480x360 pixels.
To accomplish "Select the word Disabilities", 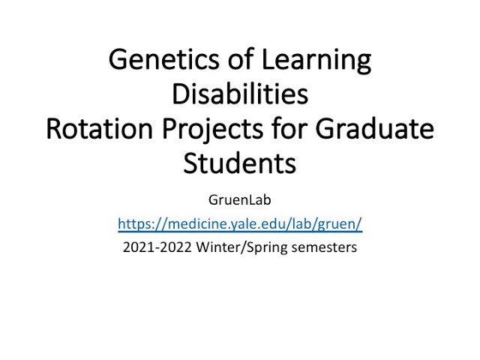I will [239, 94].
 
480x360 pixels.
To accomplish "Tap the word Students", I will [239, 163].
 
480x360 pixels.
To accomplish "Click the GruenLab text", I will [239, 200].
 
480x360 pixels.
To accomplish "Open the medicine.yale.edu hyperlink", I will [239, 223].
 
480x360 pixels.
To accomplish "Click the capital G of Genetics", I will [118, 60].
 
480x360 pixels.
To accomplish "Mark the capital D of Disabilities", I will [181, 94].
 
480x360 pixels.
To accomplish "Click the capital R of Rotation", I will [55, 129].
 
